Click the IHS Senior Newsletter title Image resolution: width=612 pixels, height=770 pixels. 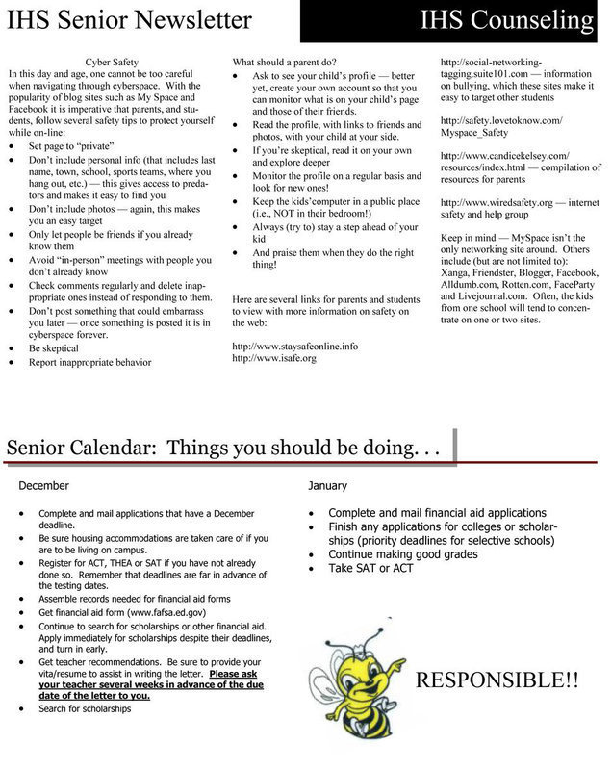pos(130,20)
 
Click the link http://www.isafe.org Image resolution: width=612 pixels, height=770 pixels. pos(274,358)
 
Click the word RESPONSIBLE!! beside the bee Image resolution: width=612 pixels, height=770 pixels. pos(497,681)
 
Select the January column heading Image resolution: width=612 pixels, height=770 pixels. pos(328,486)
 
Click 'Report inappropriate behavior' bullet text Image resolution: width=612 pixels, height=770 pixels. pos(90,362)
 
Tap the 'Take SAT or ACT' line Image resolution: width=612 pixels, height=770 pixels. pos(370,568)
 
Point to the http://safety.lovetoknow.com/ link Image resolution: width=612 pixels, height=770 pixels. pos(501,120)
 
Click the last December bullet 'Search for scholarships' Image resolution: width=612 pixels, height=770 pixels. pos(85,708)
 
